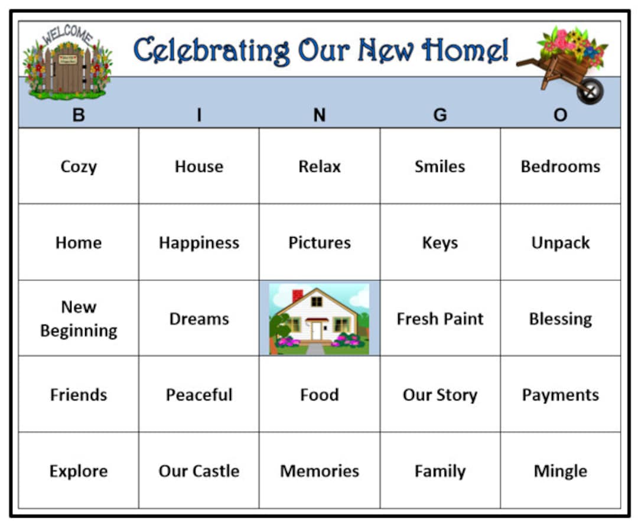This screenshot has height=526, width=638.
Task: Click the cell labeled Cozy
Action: [79, 167]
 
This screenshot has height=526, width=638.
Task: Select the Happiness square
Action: [199, 242]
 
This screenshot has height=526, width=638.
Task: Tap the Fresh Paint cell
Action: [440, 319]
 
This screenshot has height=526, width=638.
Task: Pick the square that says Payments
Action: [560, 395]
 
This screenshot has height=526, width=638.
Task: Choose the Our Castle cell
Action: [199, 471]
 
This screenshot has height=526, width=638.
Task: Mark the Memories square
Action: [320, 471]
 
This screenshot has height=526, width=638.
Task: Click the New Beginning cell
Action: [79, 319]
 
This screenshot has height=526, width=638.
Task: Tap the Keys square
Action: [440, 242]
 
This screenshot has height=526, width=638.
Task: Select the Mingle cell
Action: [560, 471]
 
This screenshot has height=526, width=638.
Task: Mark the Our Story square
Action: [440, 395]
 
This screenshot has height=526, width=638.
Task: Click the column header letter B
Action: [79, 115]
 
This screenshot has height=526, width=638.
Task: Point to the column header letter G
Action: [440, 115]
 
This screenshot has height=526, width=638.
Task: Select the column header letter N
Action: [320, 115]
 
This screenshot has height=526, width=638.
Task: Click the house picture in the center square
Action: [320, 319]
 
